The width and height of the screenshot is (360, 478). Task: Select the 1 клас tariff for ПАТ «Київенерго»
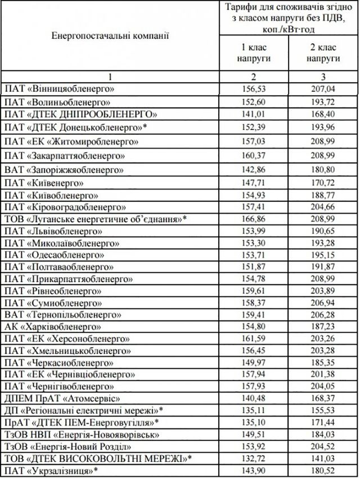[254, 183]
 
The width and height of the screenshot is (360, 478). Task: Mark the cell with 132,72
[254, 458]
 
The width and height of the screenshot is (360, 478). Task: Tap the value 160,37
[254, 155]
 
